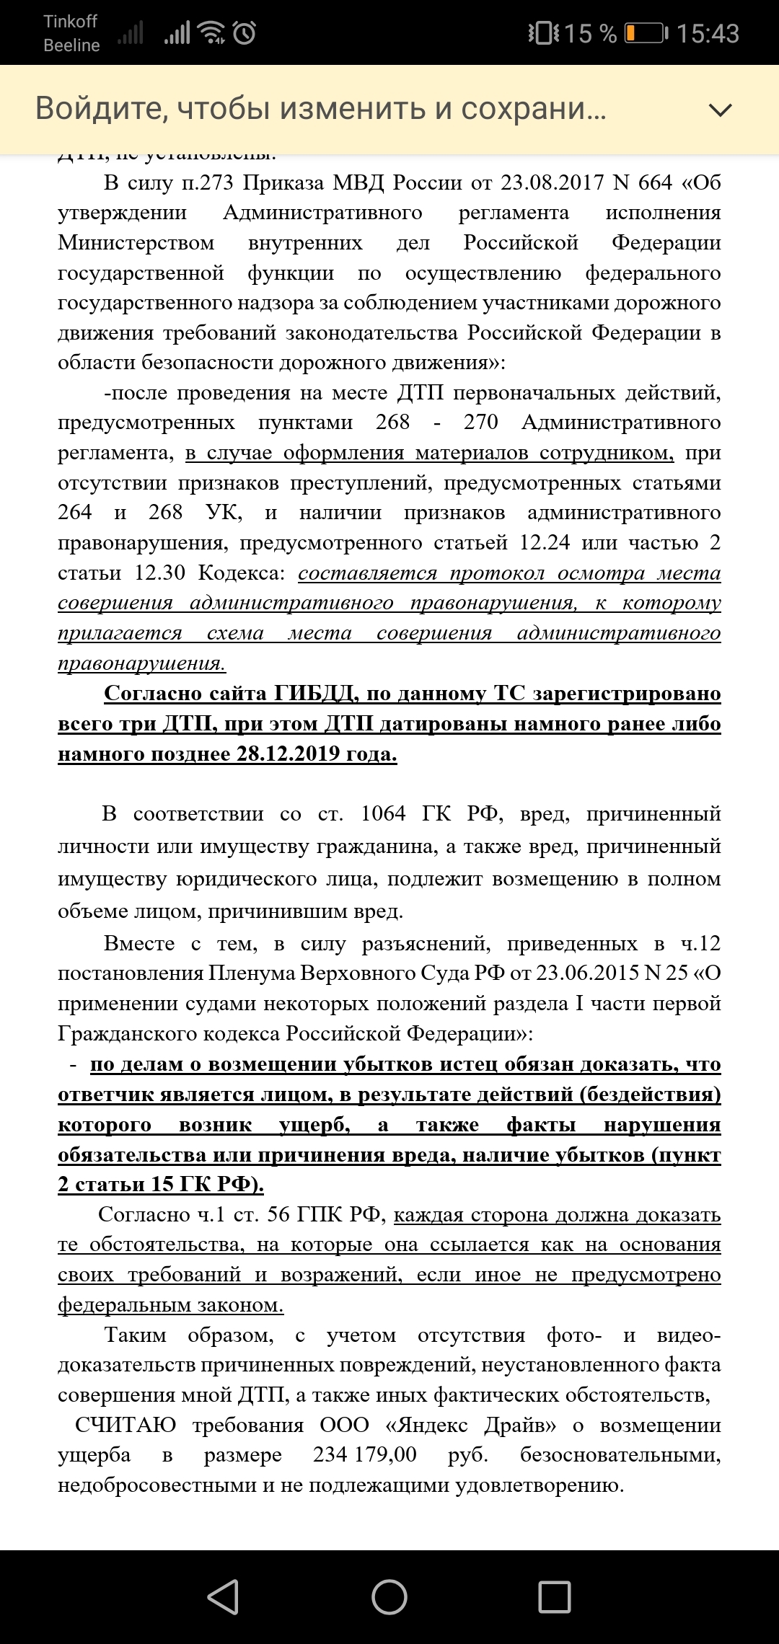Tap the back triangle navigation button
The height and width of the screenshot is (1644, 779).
pyautogui.click(x=224, y=1596)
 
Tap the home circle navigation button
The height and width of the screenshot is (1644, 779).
pyautogui.click(x=389, y=1596)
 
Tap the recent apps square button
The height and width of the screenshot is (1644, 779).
pyautogui.click(x=555, y=1596)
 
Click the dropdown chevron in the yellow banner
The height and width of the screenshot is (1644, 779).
pyautogui.click(x=720, y=110)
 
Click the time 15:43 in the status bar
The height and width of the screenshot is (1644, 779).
pyautogui.click(x=708, y=33)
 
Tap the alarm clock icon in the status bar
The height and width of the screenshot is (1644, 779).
pyautogui.click(x=245, y=32)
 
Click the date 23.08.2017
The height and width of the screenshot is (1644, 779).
pyautogui.click(x=552, y=182)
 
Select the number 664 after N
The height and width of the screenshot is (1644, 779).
pyautogui.click(x=655, y=182)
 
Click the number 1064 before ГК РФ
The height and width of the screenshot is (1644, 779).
pyautogui.click(x=383, y=813)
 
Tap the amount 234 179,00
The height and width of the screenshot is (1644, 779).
pyautogui.click(x=365, y=1454)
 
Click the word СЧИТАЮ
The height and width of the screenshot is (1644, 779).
pyautogui.click(x=126, y=1425)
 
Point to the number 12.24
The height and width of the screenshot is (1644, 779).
pyautogui.click(x=545, y=542)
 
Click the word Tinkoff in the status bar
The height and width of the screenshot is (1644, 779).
pyautogui.click(x=70, y=22)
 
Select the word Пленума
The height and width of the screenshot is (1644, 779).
pyautogui.click(x=252, y=973)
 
